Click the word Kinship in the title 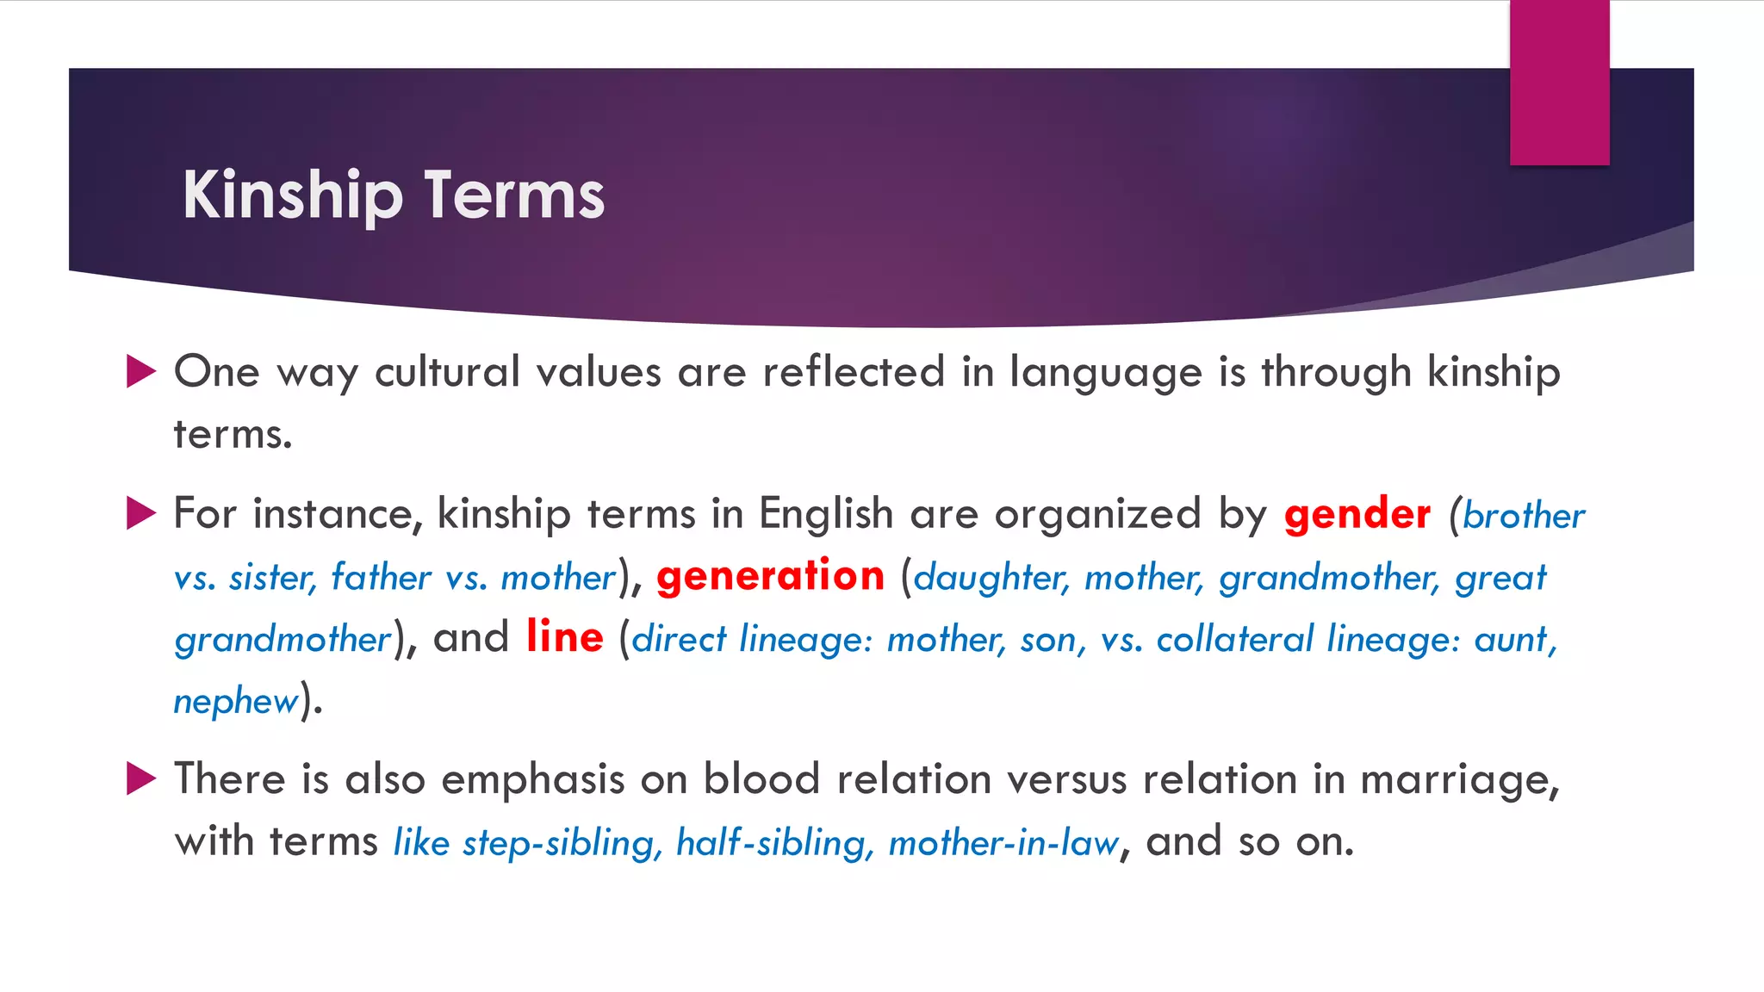292,196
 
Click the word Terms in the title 513,196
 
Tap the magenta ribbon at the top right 1559,82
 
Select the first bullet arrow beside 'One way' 140,371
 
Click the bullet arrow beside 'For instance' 140,513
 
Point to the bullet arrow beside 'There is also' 140,778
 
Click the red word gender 1357,515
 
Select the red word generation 770,575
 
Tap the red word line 564,637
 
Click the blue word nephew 235,701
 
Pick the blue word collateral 1234,639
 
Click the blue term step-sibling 562,842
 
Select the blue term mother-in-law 1003,842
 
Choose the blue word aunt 1514,639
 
